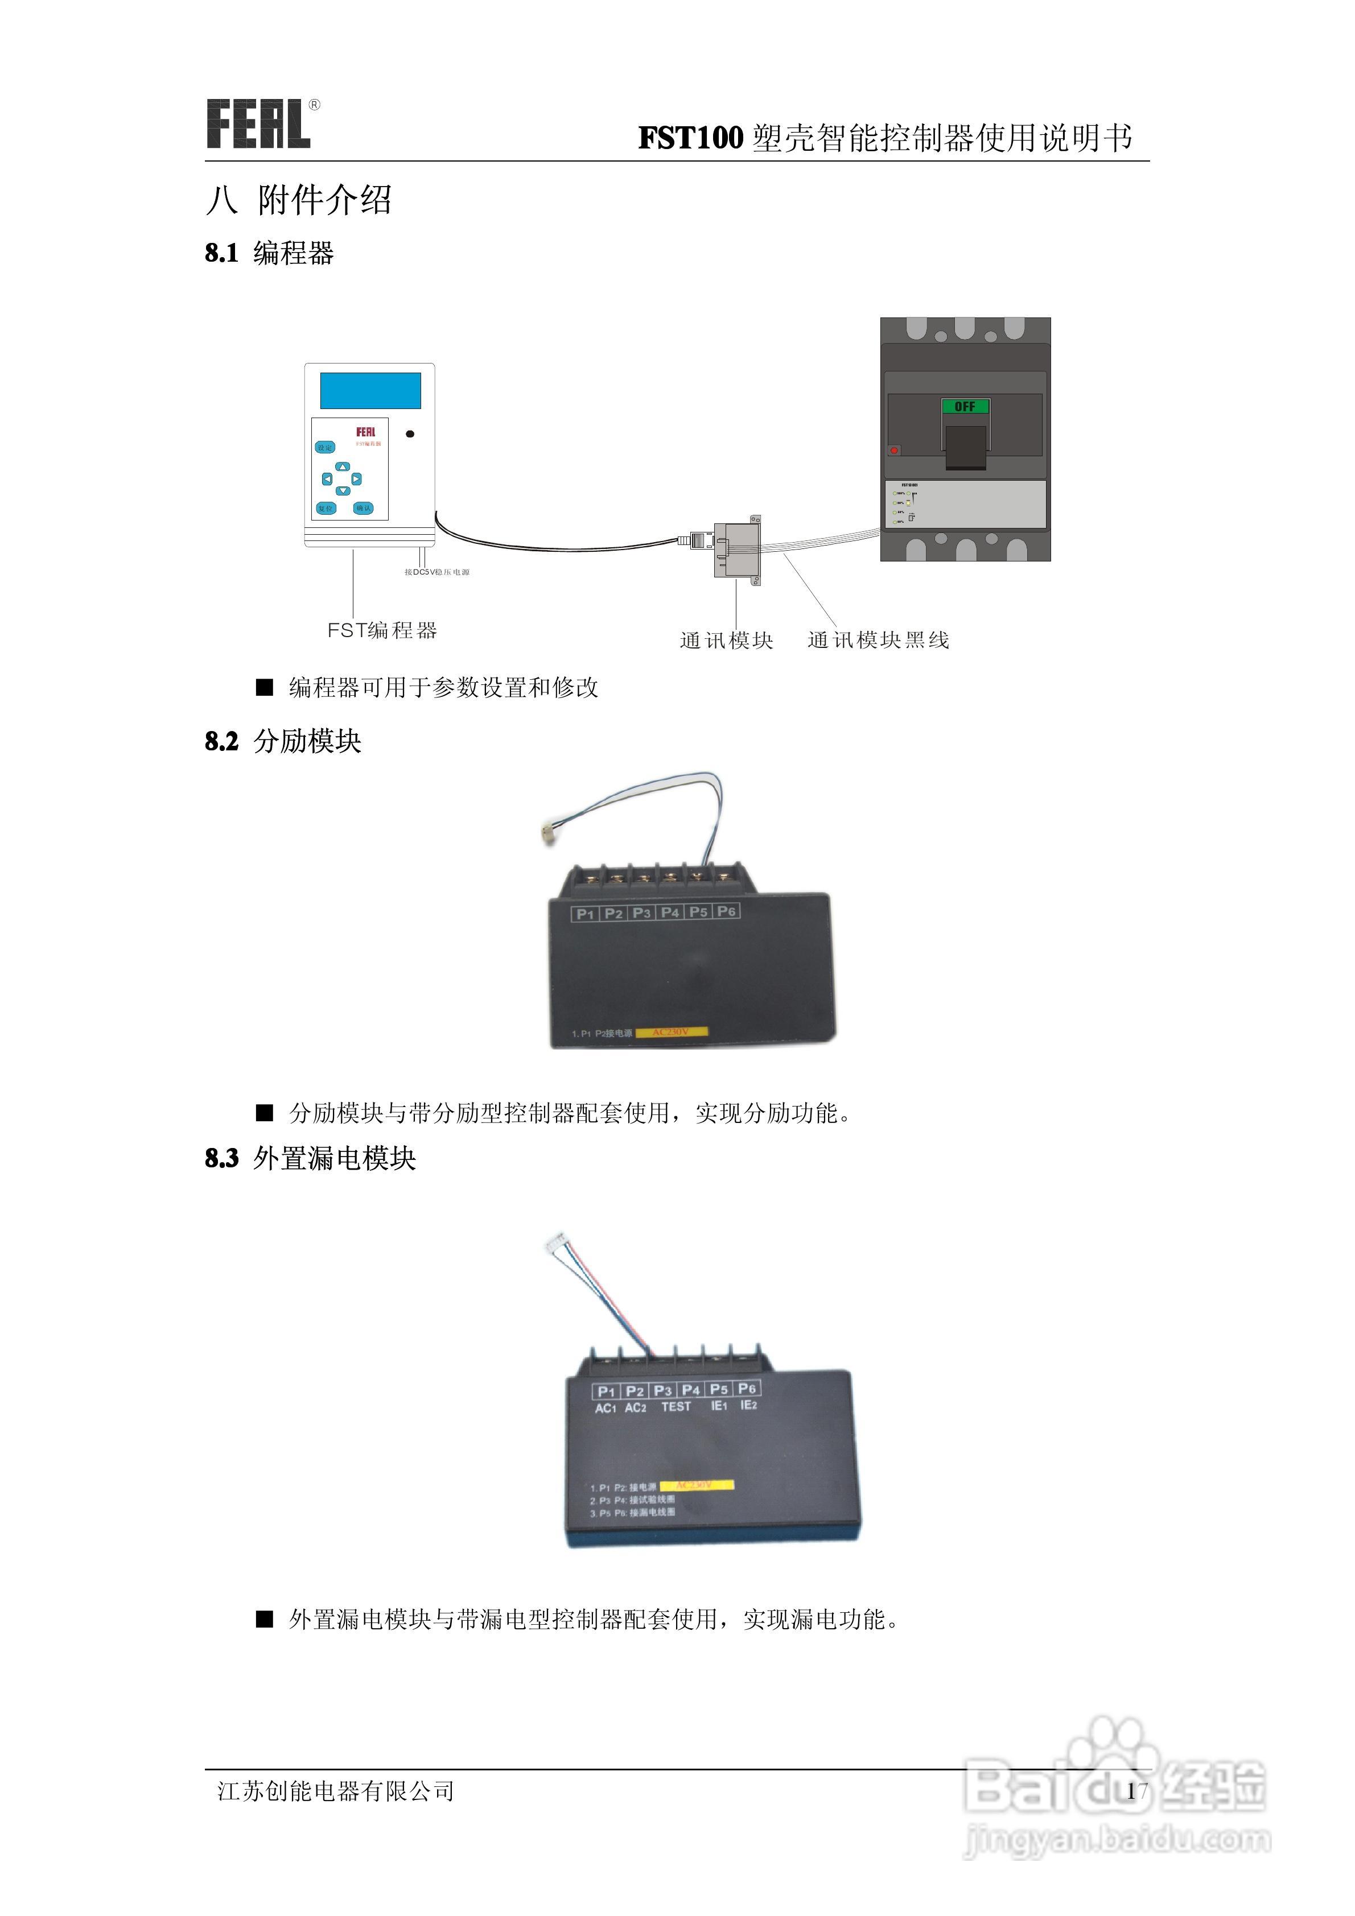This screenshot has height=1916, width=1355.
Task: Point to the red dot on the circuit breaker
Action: (894, 450)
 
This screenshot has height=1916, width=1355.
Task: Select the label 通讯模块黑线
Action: (878, 640)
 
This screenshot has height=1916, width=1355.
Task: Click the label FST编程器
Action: (381, 630)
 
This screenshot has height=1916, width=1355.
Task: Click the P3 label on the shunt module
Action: (641, 913)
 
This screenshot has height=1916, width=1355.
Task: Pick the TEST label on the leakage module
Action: (676, 1406)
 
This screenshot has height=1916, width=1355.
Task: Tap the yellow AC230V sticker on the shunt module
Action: (671, 1033)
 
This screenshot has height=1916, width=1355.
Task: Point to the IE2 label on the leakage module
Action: (748, 1405)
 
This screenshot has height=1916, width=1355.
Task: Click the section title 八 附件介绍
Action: (298, 200)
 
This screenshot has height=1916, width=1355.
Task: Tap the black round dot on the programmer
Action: (410, 434)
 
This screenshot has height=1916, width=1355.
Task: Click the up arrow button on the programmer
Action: (342, 466)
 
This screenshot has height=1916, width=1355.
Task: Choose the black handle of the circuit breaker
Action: (965, 447)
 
